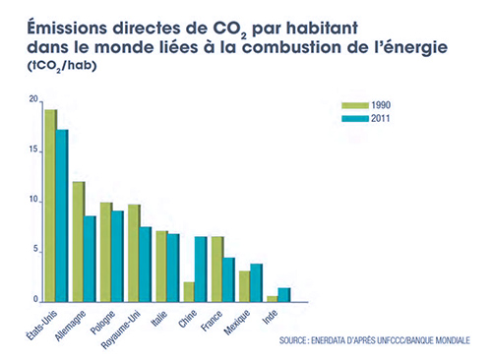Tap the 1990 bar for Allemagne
[79, 241]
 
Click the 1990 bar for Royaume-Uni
[135, 252]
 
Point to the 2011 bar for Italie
[174, 267]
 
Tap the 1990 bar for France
[217, 269]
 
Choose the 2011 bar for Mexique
[257, 281]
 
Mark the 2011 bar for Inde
[284, 293]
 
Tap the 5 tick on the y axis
[36, 250]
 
